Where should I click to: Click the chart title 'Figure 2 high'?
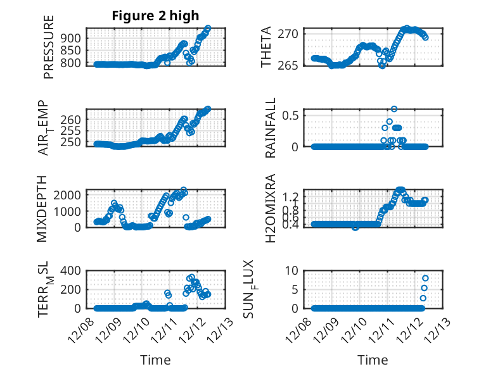coord(155,16)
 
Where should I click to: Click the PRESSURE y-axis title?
coord(49,47)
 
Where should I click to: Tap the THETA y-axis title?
coord(266,47)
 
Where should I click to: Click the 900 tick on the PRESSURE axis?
coord(72,38)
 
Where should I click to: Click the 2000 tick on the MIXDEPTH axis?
coord(69,195)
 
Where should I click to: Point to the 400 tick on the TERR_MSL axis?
coord(72,270)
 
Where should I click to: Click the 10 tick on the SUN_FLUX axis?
coord(292,270)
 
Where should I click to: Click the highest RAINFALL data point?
coord(394,109)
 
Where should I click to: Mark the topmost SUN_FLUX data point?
coord(425,278)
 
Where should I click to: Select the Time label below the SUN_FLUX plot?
coord(373,360)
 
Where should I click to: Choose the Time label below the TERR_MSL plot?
coord(155,360)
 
